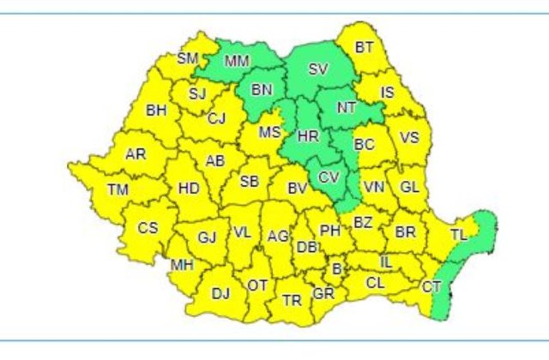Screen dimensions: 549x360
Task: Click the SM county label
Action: coord(188,59)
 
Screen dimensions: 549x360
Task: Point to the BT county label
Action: coord(364,48)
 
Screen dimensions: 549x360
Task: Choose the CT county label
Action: coord(431,288)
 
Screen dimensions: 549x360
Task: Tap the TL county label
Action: coord(460,233)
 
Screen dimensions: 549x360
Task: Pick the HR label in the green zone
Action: coord(307,135)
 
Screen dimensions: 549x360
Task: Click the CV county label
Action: coord(329,177)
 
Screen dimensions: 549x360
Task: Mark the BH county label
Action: coord(156,110)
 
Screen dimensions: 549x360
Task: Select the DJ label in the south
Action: coord(220,294)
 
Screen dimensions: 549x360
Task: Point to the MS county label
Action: coord(270,133)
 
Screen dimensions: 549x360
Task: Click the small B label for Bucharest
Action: coord(336,269)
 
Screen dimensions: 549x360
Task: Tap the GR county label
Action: coord(323,293)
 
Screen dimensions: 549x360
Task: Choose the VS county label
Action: coord(410,137)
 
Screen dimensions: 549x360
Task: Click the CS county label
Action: coord(148,228)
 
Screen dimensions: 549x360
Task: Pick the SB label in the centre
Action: coord(250,181)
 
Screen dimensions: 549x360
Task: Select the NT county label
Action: coord(347,108)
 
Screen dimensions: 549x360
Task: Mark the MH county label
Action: coord(182,264)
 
